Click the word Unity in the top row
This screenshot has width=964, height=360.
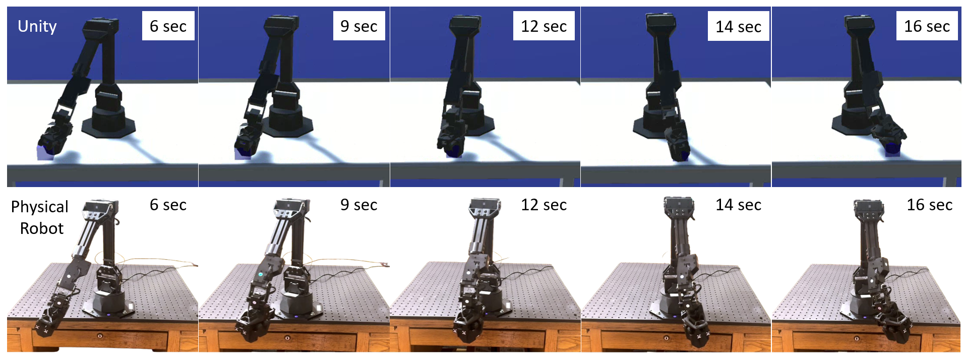37,26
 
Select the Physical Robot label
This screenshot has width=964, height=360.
40,217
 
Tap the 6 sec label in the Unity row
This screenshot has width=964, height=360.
168,26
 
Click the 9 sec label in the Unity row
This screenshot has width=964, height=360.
358,26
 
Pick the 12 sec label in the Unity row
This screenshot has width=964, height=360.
544,26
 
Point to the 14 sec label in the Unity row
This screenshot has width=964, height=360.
738,26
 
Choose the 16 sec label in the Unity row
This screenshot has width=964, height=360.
927,26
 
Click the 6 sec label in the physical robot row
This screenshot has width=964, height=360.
168,205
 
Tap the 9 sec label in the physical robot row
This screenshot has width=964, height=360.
358,205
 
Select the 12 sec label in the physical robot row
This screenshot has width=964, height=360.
544,205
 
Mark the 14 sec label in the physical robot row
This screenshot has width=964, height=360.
738,205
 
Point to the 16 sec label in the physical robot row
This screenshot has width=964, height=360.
929,205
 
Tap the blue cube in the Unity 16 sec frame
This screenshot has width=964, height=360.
893,149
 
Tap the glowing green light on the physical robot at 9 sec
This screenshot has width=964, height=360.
261,274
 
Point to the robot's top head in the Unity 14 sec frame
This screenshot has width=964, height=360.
661,21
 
